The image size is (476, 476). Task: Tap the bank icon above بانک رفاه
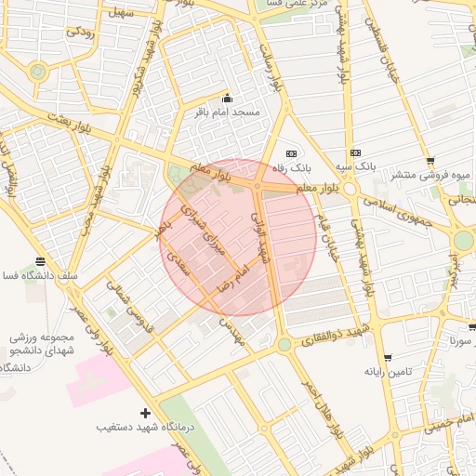point(291,153)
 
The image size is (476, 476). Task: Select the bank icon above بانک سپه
point(354,153)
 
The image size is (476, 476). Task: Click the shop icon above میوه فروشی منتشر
point(431,160)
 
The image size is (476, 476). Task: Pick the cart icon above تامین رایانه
point(388,357)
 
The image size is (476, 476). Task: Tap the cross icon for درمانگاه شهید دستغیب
point(144,413)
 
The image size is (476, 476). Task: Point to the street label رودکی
point(78,32)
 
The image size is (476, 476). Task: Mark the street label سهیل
point(121,13)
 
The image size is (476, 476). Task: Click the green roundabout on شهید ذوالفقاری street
point(283,345)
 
